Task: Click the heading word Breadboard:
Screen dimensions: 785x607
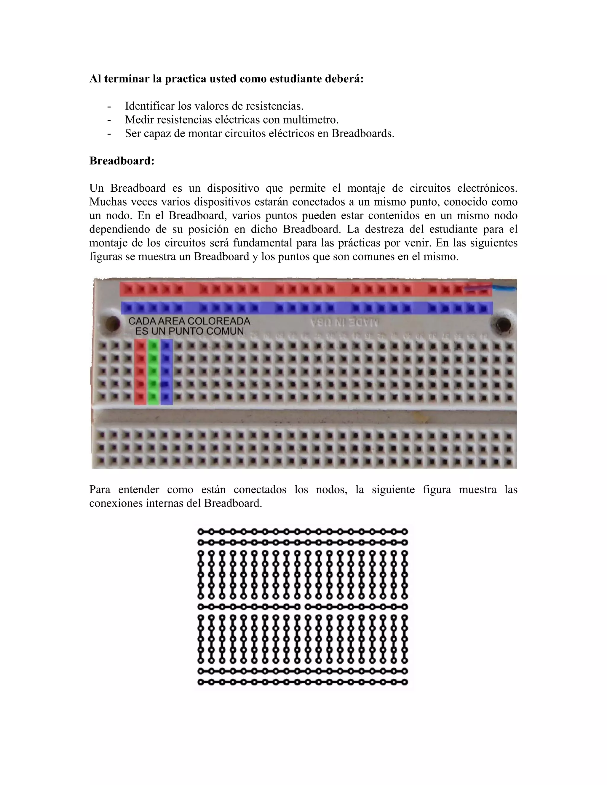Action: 122,161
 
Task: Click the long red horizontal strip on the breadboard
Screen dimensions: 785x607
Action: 306,289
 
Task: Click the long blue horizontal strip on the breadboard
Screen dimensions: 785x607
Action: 306,308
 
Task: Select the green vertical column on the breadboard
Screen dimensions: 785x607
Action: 154,372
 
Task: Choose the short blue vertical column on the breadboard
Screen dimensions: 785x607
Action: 166,372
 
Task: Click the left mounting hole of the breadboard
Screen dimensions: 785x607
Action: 112,324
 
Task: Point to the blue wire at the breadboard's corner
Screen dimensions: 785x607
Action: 506,288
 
